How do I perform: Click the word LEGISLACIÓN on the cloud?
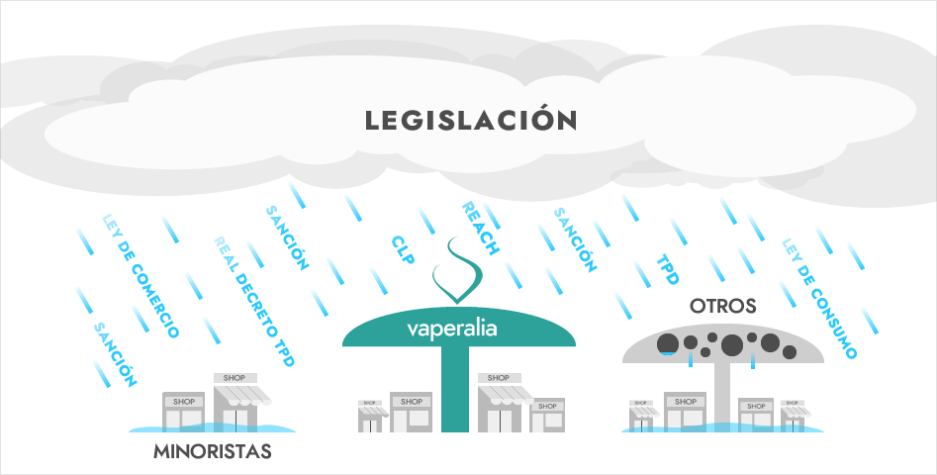tap(470, 121)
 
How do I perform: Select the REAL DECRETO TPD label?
tap(254, 303)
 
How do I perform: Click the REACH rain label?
tap(481, 229)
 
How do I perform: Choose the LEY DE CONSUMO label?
tap(819, 298)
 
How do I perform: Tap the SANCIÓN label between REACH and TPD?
tap(575, 240)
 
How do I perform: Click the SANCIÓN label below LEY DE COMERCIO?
tap(115, 354)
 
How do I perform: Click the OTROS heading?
tap(723, 307)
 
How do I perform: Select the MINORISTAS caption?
tap(212, 454)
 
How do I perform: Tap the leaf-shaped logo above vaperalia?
tap(457, 272)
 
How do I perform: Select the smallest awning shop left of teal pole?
tap(370, 417)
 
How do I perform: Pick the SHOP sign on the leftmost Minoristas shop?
tap(184, 402)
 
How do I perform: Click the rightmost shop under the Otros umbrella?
tap(793, 416)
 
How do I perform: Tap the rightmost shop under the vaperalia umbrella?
tap(545, 415)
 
